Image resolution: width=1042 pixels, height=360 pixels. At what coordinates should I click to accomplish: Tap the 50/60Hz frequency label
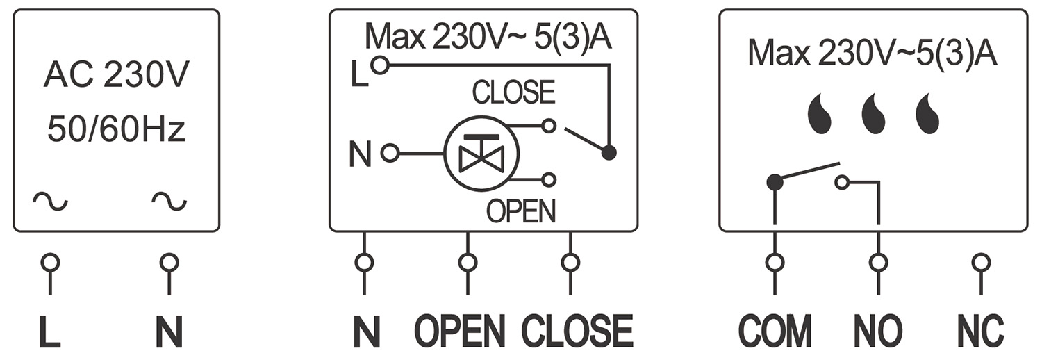(116, 130)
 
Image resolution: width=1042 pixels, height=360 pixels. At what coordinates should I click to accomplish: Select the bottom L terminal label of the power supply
(49, 333)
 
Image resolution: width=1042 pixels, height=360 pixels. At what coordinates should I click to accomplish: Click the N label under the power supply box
(168, 333)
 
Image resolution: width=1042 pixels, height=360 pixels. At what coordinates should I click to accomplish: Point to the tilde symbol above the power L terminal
(51, 202)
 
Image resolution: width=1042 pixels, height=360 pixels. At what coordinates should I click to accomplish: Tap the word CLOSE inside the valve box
(513, 92)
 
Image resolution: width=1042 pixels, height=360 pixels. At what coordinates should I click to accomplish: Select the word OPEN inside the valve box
(521, 211)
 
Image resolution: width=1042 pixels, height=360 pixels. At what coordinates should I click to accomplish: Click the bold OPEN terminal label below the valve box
(460, 332)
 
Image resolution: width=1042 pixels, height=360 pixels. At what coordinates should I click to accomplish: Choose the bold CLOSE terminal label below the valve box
(577, 332)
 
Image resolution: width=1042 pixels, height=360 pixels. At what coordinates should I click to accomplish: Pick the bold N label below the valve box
(366, 333)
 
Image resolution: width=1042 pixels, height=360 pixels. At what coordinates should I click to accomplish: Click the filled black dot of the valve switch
(609, 153)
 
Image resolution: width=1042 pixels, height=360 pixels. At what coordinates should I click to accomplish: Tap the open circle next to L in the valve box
(379, 66)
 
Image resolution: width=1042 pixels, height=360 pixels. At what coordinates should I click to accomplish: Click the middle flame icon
(873, 115)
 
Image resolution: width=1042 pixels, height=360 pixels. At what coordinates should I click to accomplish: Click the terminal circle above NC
(981, 263)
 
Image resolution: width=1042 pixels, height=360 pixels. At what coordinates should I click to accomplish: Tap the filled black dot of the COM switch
(775, 183)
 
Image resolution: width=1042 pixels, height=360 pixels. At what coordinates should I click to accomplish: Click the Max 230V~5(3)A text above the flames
(873, 54)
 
